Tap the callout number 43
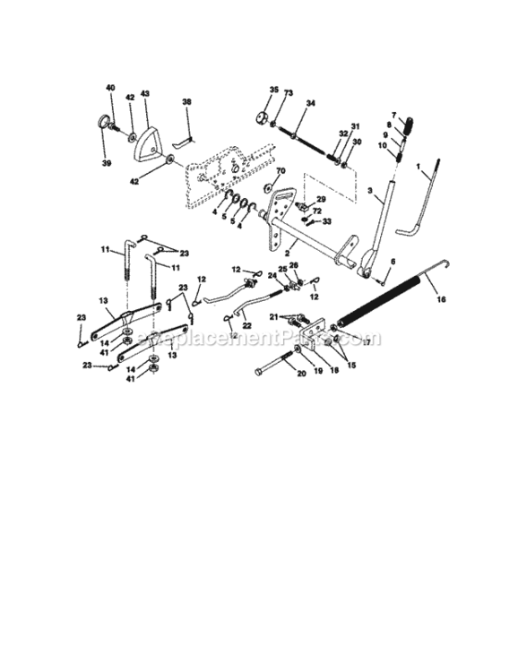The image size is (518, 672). click(x=145, y=94)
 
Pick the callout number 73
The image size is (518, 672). click(x=288, y=93)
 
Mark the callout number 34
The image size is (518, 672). click(x=310, y=104)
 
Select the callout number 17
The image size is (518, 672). click(x=366, y=341)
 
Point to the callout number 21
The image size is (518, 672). click(x=287, y=316)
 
